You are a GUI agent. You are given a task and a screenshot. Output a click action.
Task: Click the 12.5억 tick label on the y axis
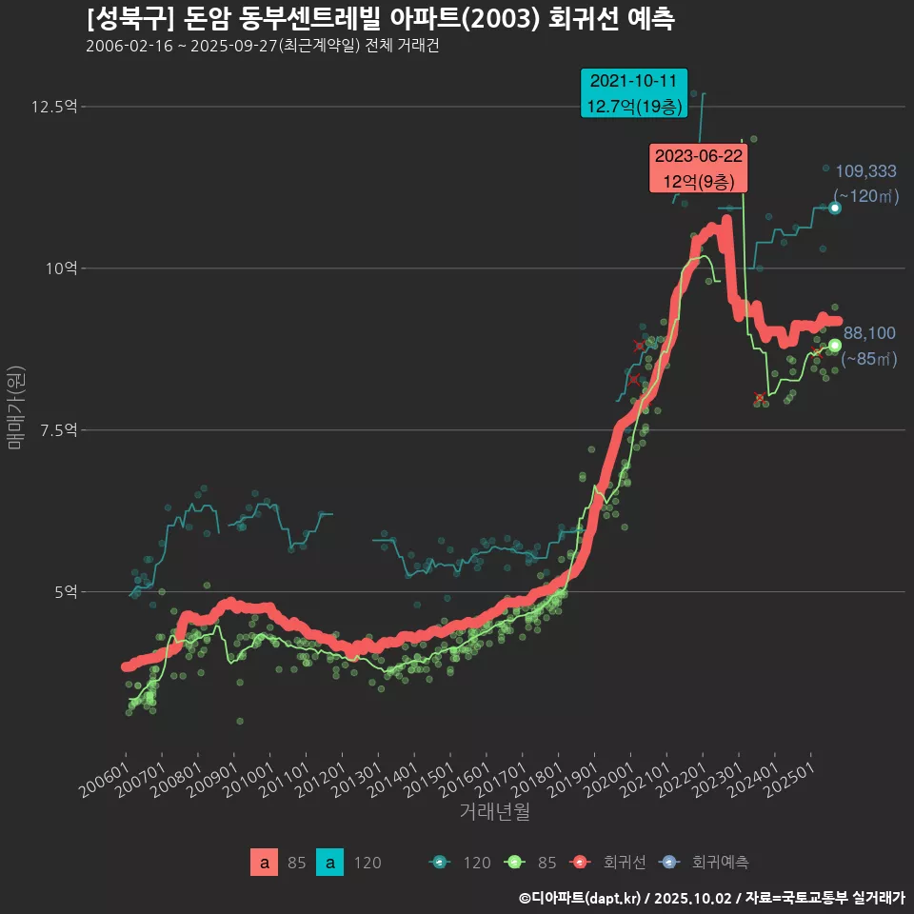[x=53, y=107]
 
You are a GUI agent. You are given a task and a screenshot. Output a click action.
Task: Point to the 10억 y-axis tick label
[x=61, y=268]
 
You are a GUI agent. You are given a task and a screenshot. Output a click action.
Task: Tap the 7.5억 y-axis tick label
[x=57, y=430]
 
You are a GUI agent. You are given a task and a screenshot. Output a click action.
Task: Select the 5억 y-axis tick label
[x=65, y=592]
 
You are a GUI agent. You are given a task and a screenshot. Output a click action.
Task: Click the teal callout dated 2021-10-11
[x=633, y=93]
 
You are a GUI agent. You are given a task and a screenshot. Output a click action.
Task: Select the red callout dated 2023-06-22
[x=698, y=169]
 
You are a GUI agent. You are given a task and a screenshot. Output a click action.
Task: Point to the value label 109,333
[x=865, y=171]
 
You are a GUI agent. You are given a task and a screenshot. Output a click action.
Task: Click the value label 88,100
[x=869, y=333]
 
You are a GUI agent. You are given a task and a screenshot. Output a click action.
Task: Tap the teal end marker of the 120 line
[x=835, y=208]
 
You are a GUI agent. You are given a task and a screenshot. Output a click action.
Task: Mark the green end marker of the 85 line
[x=835, y=345]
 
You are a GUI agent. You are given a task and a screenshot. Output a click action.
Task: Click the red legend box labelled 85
[x=265, y=863]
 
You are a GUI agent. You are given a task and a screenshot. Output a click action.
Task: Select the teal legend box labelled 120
[x=329, y=863]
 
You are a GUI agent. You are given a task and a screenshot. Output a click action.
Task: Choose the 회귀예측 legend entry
[x=709, y=863]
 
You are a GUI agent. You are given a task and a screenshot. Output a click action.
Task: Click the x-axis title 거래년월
[x=494, y=812]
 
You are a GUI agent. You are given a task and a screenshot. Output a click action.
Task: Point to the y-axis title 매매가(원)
[x=15, y=407]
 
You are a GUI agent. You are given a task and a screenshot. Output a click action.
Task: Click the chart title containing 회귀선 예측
[x=380, y=19]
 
